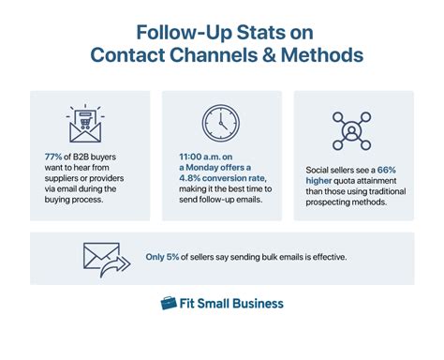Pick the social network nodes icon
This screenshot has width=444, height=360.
click(x=354, y=129)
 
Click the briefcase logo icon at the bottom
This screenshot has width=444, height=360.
click(x=169, y=304)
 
